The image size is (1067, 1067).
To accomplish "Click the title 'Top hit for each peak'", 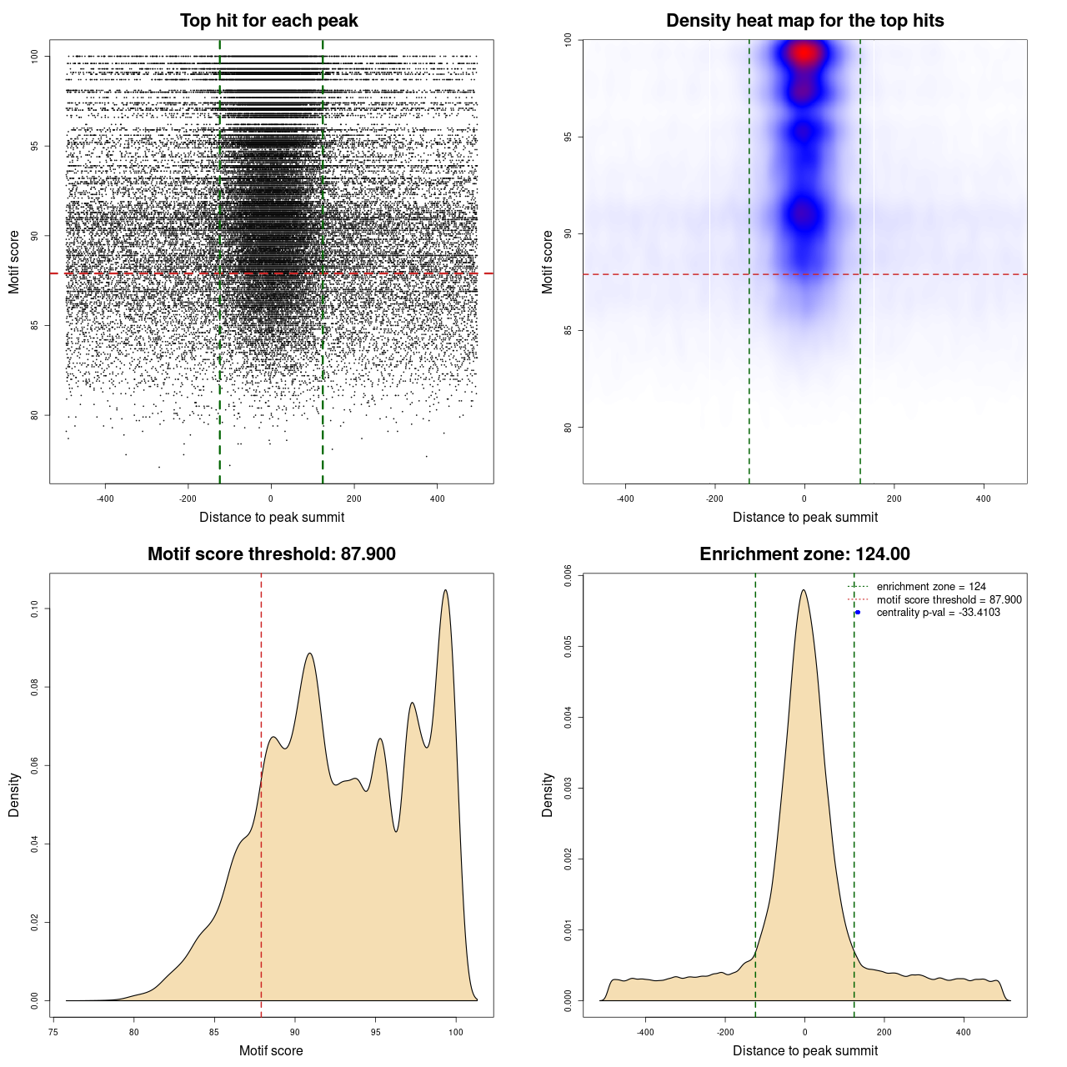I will (268, 21).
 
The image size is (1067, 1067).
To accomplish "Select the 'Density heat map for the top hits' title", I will (804, 21).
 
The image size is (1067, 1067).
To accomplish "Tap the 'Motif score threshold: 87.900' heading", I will (271, 554).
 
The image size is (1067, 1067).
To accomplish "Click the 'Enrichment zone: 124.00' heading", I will (804, 554).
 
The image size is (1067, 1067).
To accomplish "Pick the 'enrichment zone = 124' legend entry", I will (930, 587).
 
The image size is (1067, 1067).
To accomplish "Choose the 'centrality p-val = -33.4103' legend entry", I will (938, 613).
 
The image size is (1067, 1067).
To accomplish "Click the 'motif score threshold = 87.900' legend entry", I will (949, 600).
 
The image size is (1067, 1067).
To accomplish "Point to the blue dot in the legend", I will (858, 613).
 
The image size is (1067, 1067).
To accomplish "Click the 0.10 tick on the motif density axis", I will (34, 609).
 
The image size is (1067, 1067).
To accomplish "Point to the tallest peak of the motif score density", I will (446, 590).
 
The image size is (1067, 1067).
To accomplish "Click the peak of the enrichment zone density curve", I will (804, 590).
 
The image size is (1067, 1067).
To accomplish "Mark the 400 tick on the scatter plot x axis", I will (437, 498).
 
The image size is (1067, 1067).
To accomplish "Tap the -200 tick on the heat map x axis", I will (714, 498).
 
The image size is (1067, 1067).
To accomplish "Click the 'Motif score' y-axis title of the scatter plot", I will (14, 262).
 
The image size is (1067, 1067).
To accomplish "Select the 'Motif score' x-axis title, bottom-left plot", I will (271, 1050).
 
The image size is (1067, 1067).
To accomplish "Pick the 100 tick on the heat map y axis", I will (568, 40).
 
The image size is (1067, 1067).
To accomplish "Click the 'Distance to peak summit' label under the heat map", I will (804, 517).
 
